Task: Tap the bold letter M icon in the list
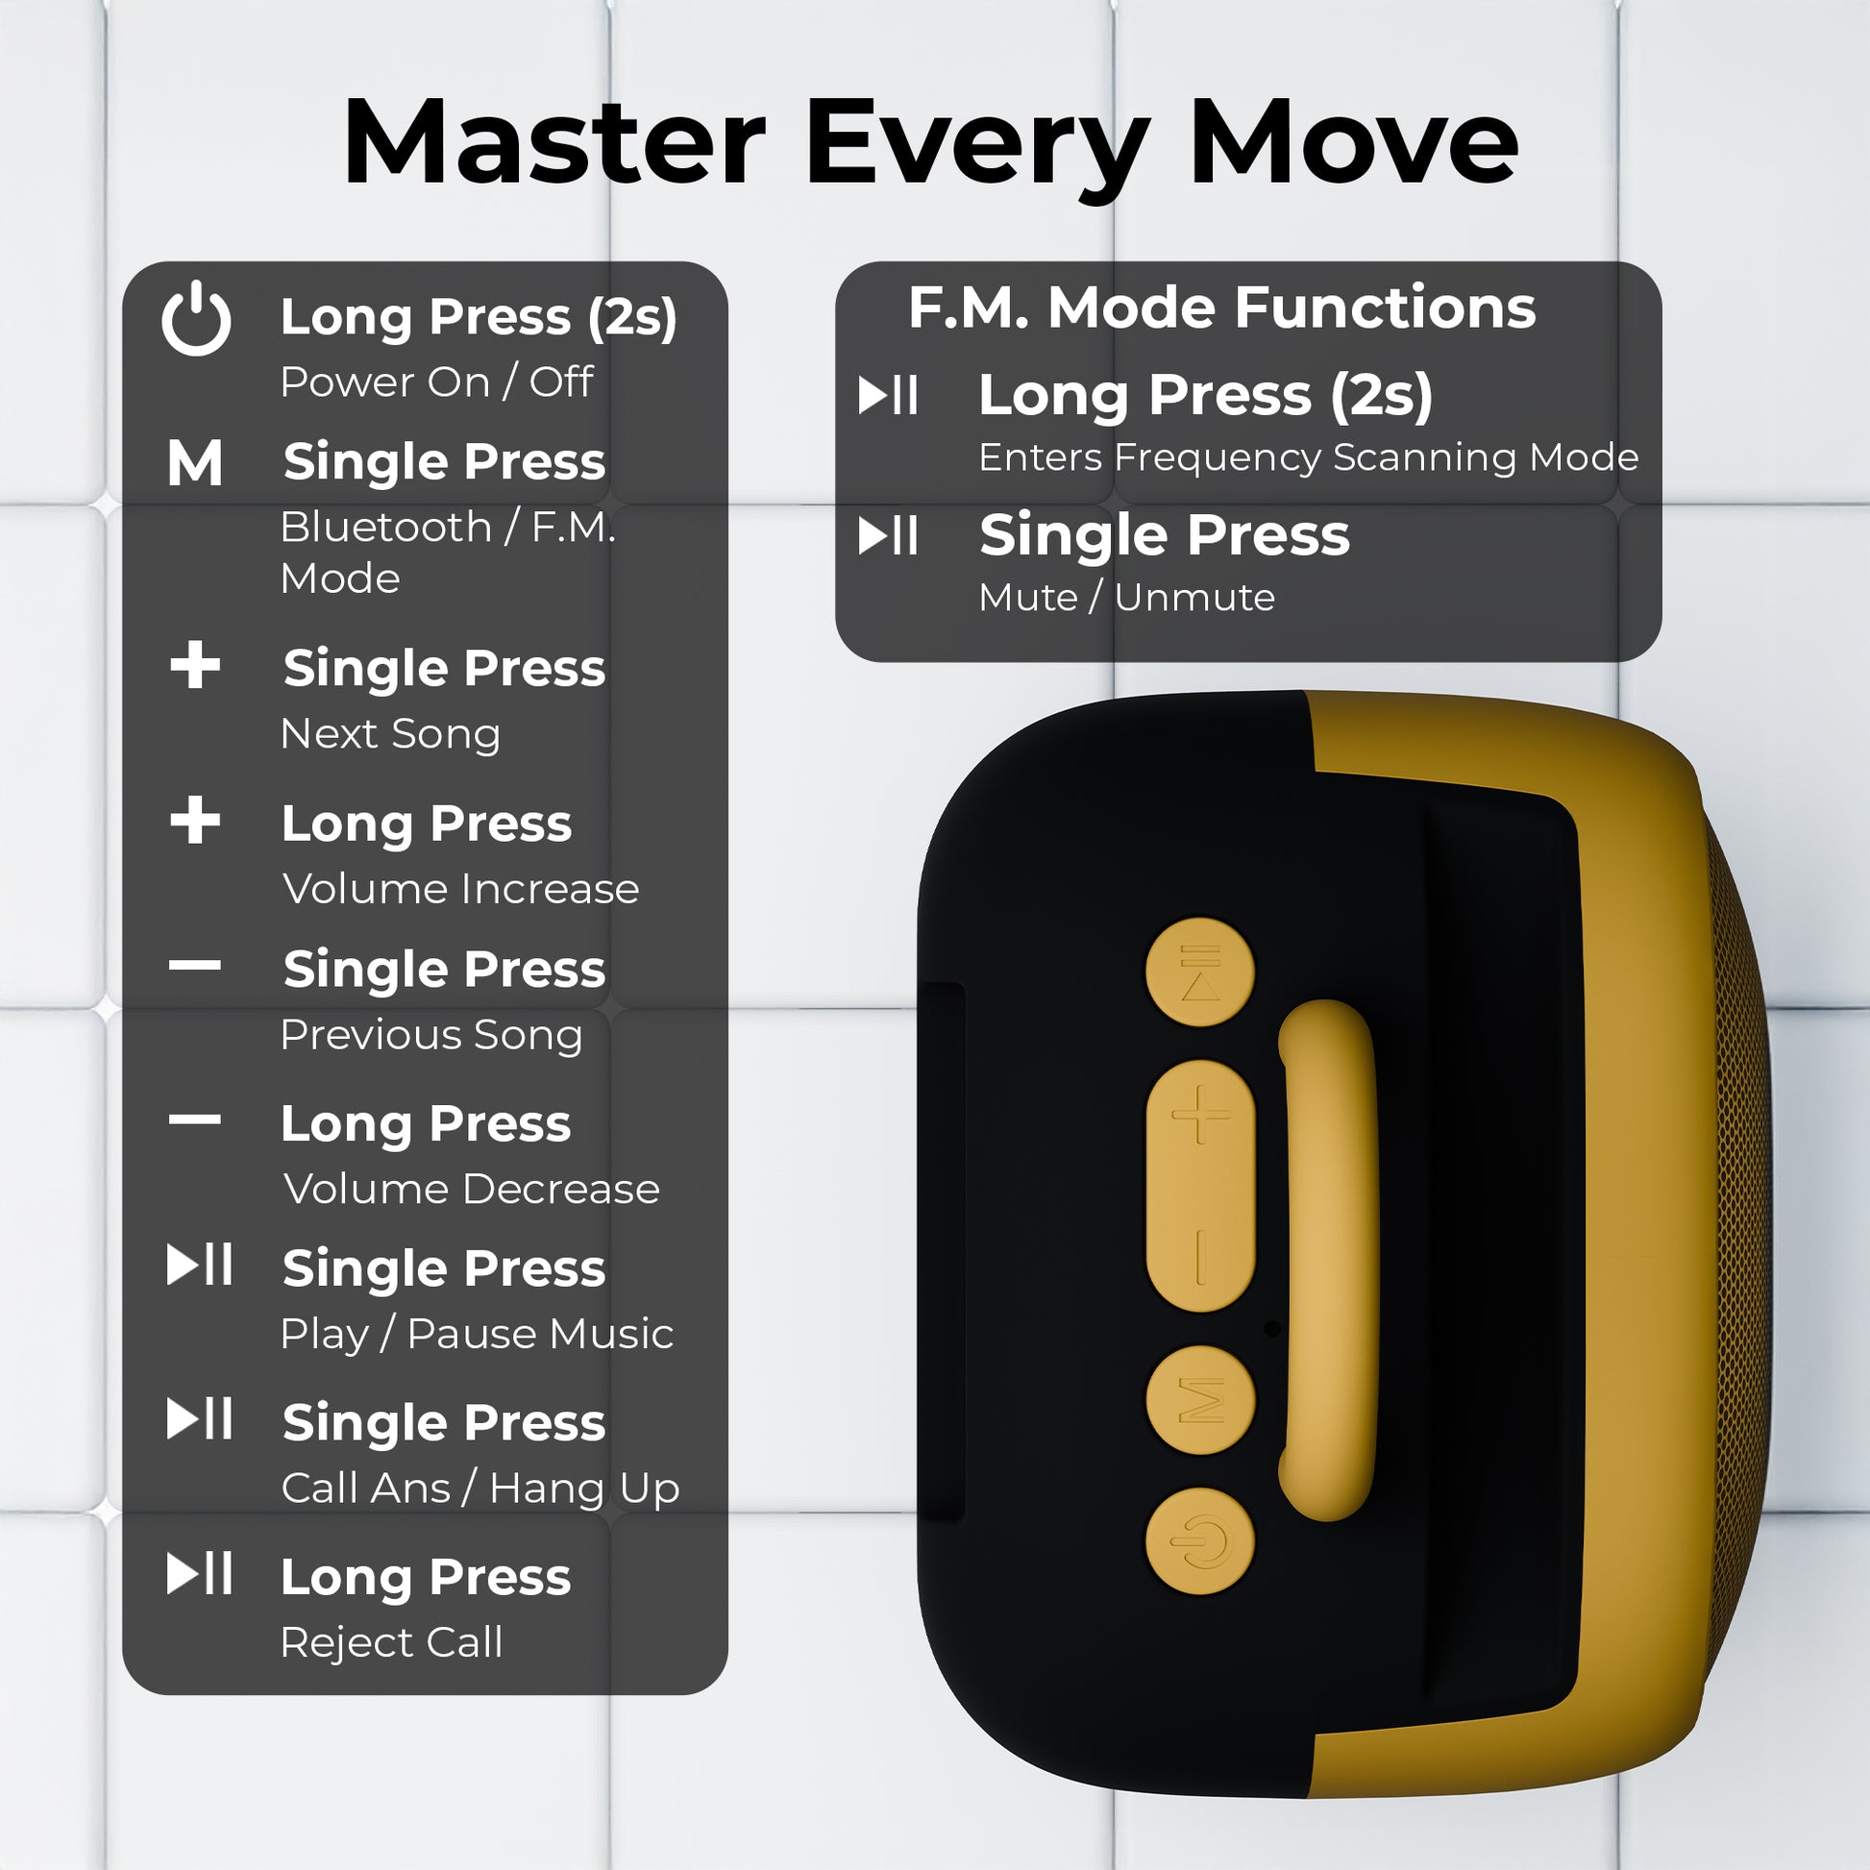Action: click(x=194, y=462)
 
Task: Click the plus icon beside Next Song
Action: click(x=195, y=665)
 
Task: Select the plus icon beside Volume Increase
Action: click(x=195, y=820)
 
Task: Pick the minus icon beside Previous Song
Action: click(x=194, y=965)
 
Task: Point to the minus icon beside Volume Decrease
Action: click(x=194, y=1120)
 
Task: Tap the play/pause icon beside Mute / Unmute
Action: click(x=888, y=535)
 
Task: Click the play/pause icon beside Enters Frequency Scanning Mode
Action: click(x=888, y=395)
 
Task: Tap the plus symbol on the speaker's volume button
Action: click(x=1200, y=1114)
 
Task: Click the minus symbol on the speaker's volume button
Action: click(x=1200, y=1257)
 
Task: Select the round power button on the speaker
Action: click(x=1200, y=1541)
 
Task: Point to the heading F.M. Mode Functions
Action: click(x=1221, y=307)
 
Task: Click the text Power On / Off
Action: click(x=436, y=381)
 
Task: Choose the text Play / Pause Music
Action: click(x=477, y=1334)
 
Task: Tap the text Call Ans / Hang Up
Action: click(x=480, y=1488)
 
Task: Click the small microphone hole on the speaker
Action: click(x=1272, y=1329)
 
